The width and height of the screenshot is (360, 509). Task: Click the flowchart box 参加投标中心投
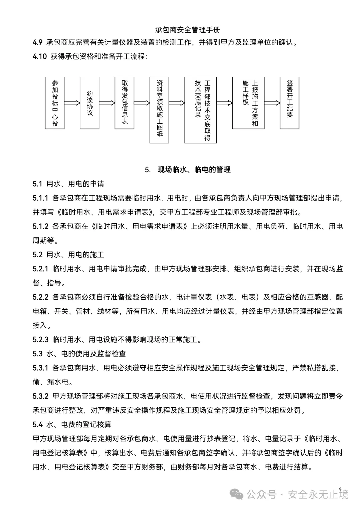[54, 103]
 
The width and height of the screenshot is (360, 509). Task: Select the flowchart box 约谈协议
[89, 103]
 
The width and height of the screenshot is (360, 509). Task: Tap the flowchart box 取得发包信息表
[124, 103]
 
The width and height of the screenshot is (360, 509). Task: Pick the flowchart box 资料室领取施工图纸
[159, 110]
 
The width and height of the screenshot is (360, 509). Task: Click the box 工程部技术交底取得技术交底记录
[201, 110]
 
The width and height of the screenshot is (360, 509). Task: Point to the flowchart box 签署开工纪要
[289, 103]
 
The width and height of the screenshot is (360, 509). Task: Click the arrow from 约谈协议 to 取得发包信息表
[107, 103]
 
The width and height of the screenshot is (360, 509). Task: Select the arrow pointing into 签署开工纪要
[272, 103]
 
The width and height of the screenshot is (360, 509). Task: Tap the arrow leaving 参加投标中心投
[72, 103]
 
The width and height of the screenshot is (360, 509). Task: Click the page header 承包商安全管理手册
[188, 30]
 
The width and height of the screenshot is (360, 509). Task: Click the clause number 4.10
[40, 57]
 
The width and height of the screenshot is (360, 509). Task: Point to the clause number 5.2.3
[41, 340]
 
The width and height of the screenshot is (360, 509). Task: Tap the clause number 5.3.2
[41, 396]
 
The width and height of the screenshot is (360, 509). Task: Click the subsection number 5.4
[38, 424]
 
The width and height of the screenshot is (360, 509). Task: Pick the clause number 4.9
[38, 42]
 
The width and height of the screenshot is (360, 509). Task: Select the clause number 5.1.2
[41, 226]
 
